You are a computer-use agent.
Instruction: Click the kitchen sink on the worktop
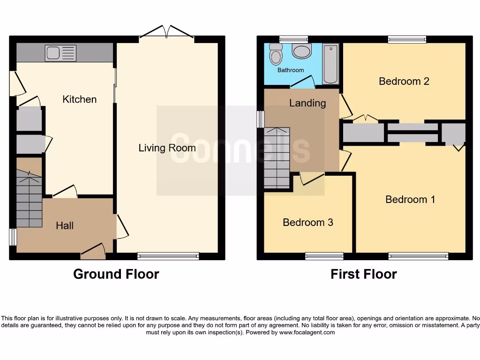point(60,53)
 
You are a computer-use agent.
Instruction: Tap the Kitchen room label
point(80,99)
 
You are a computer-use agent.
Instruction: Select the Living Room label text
point(167,148)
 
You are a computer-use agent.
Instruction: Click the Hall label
point(65,225)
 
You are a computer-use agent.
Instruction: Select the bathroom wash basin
point(301,51)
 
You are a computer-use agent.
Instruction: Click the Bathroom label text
point(291,70)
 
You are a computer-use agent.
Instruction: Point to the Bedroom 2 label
point(404,81)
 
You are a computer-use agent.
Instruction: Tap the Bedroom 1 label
point(410,200)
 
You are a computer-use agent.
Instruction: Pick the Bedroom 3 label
point(308,222)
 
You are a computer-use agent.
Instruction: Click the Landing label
point(307,103)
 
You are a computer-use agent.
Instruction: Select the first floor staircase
point(277,157)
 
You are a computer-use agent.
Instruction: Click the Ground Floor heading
point(116,274)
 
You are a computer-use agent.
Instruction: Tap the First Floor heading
point(364,274)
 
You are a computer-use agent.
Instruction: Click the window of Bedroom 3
point(324,256)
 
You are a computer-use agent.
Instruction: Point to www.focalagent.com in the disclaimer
point(307,332)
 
